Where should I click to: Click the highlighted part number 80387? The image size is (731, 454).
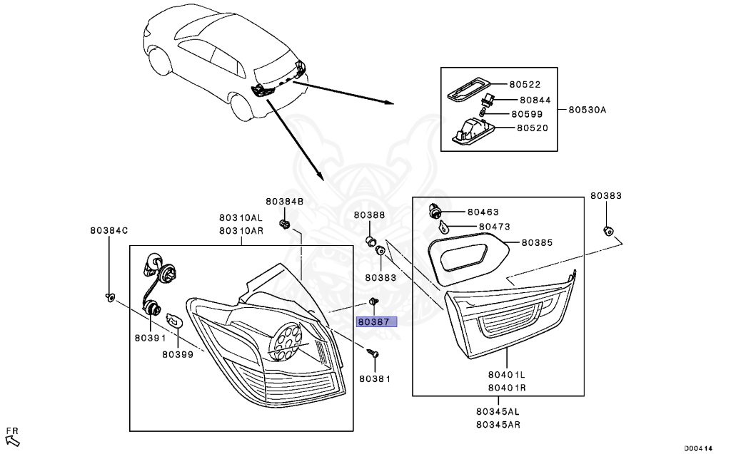[x=375, y=321]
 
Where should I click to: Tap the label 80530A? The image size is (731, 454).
[x=587, y=110]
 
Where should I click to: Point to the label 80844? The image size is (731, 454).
[x=535, y=100]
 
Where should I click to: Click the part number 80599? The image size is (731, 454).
[x=527, y=114]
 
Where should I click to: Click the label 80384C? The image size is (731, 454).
[x=109, y=230]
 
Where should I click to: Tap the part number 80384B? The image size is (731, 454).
[x=285, y=202]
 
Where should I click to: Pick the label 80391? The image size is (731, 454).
[x=148, y=340]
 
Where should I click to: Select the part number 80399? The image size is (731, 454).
[x=178, y=354]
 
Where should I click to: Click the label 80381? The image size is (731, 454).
[x=375, y=378]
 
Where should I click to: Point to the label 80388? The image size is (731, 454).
[x=369, y=215]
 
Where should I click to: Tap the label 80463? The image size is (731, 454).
[x=483, y=212]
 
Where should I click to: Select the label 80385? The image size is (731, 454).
[x=537, y=242]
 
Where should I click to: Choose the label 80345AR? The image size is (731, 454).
[x=498, y=425]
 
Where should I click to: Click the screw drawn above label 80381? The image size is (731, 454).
[x=373, y=353]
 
